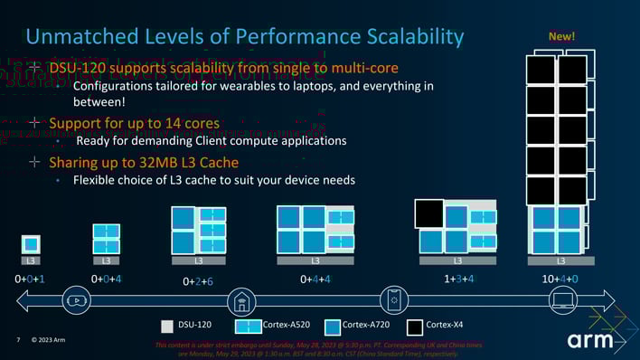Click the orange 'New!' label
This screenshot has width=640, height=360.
pos(561,36)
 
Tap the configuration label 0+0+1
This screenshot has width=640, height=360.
pos(30,279)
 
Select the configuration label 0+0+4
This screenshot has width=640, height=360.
pos(106,279)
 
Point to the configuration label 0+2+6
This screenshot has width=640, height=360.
pos(197,281)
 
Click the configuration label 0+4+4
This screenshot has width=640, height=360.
pos(315,279)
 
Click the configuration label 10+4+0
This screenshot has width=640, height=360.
pos(560,279)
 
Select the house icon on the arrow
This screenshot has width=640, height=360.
pos(240,300)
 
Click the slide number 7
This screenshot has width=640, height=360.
pos(18,340)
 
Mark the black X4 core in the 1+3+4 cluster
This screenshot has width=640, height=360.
pos(428,214)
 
